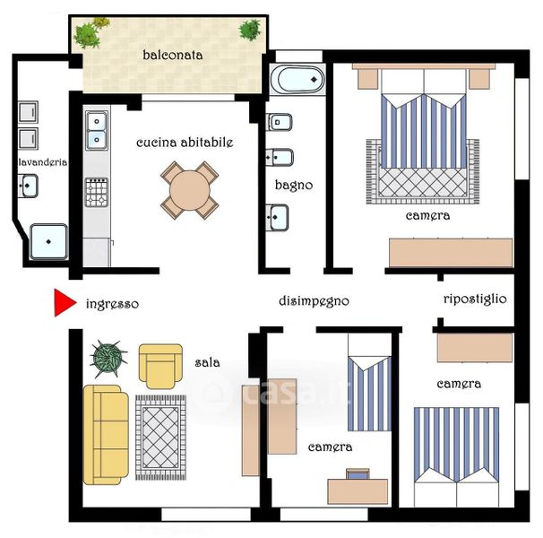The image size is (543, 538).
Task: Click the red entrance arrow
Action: click(x=64, y=303)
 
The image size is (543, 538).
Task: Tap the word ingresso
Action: click(x=112, y=304)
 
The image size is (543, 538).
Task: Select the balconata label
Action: click(x=172, y=55)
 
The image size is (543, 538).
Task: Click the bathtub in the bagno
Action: click(x=297, y=80)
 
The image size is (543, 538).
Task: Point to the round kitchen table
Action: click(x=189, y=190)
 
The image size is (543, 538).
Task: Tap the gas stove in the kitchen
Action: click(x=96, y=193)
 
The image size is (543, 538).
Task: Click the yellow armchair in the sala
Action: click(x=160, y=367)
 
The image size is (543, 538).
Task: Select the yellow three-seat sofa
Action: click(x=106, y=435)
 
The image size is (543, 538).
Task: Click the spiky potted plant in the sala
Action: click(x=108, y=359)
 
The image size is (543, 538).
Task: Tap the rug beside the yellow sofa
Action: click(x=160, y=438)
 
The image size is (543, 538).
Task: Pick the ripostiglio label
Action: click(x=475, y=299)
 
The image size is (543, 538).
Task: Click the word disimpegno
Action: click(x=314, y=301)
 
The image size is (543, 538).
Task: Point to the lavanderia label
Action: click(x=43, y=162)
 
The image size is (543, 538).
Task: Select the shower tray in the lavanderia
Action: click(x=48, y=241)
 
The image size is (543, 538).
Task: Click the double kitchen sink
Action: click(x=97, y=130)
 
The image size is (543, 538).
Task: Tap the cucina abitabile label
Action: click(x=185, y=143)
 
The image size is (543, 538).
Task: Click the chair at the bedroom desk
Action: click(x=358, y=473)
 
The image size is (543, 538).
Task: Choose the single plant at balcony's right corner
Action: click(x=250, y=30)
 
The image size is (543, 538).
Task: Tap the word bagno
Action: click(x=294, y=186)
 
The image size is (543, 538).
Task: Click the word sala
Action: click(x=207, y=362)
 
